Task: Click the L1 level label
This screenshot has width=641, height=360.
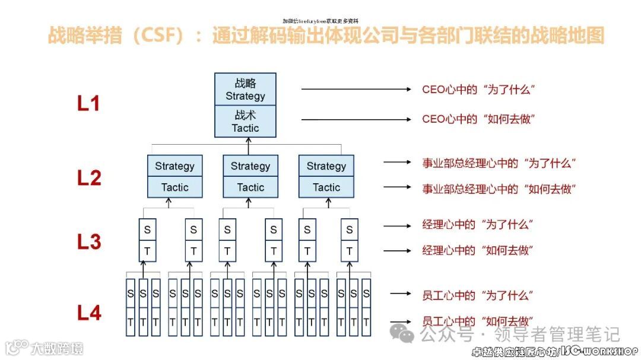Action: [88, 104]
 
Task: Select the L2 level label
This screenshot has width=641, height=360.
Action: [89, 177]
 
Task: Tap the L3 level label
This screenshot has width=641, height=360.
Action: [89, 241]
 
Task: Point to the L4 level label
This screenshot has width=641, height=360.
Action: [89, 313]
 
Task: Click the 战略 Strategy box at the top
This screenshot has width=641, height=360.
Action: [245, 89]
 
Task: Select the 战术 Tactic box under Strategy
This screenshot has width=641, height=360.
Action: [245, 121]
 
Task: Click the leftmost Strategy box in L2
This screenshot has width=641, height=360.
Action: [174, 166]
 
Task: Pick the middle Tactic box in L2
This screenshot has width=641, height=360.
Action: [250, 187]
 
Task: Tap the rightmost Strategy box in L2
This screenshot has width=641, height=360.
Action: [326, 166]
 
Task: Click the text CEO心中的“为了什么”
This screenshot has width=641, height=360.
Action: [478, 90]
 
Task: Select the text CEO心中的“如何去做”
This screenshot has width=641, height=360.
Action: [478, 119]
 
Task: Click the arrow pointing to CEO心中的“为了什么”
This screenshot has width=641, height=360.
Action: [356, 90]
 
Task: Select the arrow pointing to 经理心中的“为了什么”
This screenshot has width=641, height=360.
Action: [397, 225]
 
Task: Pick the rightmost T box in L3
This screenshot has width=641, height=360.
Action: [349, 251]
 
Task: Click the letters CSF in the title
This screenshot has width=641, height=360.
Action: [157, 36]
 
